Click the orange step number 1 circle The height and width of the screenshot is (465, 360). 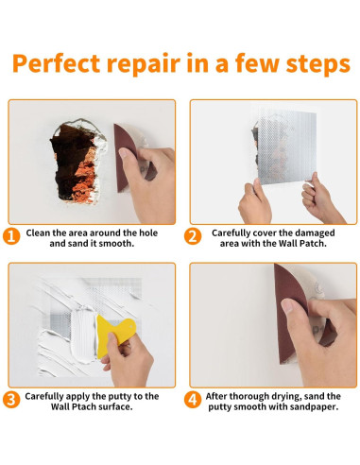click(11, 236)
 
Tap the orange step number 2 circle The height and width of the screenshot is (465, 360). click(193, 236)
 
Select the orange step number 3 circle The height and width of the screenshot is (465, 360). click(11, 400)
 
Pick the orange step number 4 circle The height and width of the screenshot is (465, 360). click(193, 400)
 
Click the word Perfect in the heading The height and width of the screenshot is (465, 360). click(56, 63)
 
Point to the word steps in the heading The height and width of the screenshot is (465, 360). click(317, 64)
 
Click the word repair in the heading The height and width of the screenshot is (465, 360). click(144, 64)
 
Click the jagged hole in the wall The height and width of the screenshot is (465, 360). click(78, 161)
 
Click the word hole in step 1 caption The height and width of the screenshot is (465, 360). click(147, 232)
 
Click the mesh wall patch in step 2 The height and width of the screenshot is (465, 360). click(286, 146)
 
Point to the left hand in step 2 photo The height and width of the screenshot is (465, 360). click(254, 202)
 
